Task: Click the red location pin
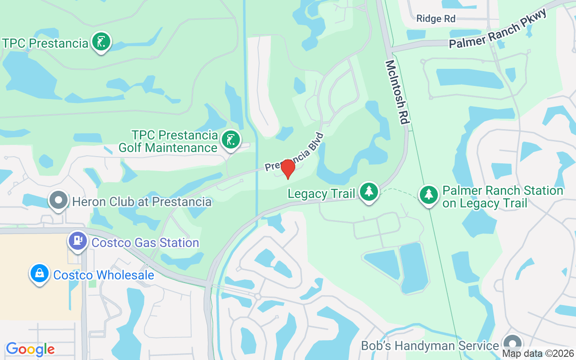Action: point(288,169)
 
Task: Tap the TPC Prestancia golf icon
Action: point(101,42)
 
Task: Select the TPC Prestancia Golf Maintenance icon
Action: point(231,140)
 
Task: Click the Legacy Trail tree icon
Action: point(369,192)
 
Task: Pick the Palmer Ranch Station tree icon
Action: point(429,195)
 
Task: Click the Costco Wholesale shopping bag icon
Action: point(40,273)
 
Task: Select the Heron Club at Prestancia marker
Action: point(58,200)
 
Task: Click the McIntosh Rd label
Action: point(396,93)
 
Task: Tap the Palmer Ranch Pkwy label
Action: point(498,30)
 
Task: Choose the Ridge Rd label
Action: point(436,18)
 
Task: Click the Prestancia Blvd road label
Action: point(294,152)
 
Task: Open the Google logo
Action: point(30,349)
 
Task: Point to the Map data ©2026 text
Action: point(538,354)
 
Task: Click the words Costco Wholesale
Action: point(103,275)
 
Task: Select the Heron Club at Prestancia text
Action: point(142,202)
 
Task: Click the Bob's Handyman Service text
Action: point(430,346)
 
